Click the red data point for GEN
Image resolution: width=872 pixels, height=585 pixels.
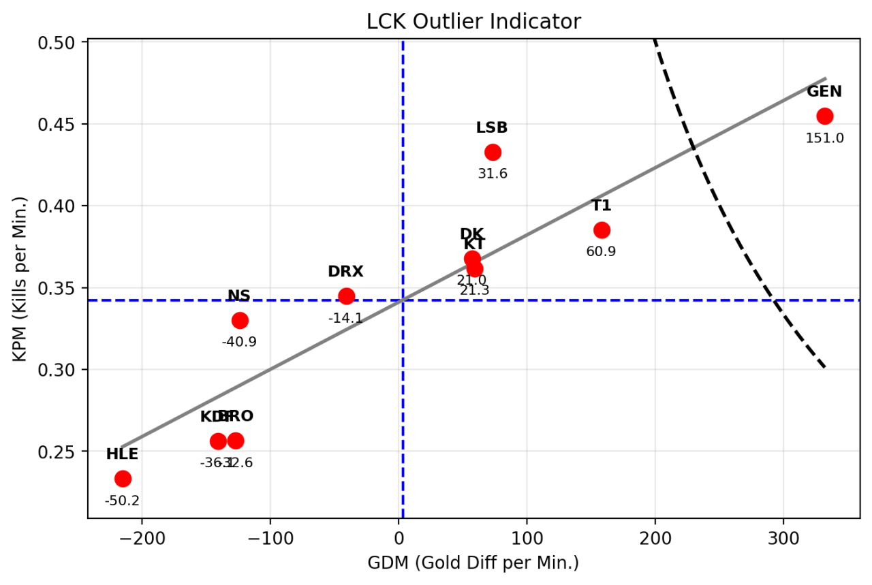point(824,116)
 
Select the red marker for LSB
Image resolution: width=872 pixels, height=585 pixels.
point(493,152)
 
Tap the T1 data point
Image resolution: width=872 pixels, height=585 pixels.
point(602,230)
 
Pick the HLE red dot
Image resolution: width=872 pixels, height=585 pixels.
point(123,479)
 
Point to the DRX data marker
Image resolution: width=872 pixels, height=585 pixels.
point(346,296)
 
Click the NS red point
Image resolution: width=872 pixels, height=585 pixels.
point(240,320)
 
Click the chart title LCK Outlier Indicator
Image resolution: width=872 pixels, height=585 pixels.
point(473,22)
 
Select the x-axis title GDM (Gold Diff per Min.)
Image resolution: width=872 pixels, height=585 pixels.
point(473,563)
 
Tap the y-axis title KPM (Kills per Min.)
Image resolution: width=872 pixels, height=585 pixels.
point(22,279)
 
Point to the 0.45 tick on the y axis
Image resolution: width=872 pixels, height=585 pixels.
point(67,125)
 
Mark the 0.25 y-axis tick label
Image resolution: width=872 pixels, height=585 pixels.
point(67,452)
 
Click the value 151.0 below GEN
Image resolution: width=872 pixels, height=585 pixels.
point(824,138)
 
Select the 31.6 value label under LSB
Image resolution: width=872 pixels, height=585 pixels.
point(493,174)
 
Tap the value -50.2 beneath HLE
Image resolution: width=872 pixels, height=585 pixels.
point(122,501)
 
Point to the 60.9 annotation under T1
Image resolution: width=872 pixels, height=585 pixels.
point(601,252)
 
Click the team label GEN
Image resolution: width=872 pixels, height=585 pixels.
point(824,92)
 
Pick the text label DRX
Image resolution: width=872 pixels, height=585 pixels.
point(345,272)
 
